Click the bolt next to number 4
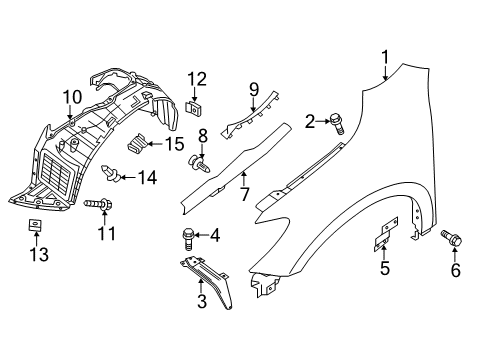(186, 237)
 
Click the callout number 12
(196, 79)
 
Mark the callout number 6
(456, 269)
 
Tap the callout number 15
(175, 144)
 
